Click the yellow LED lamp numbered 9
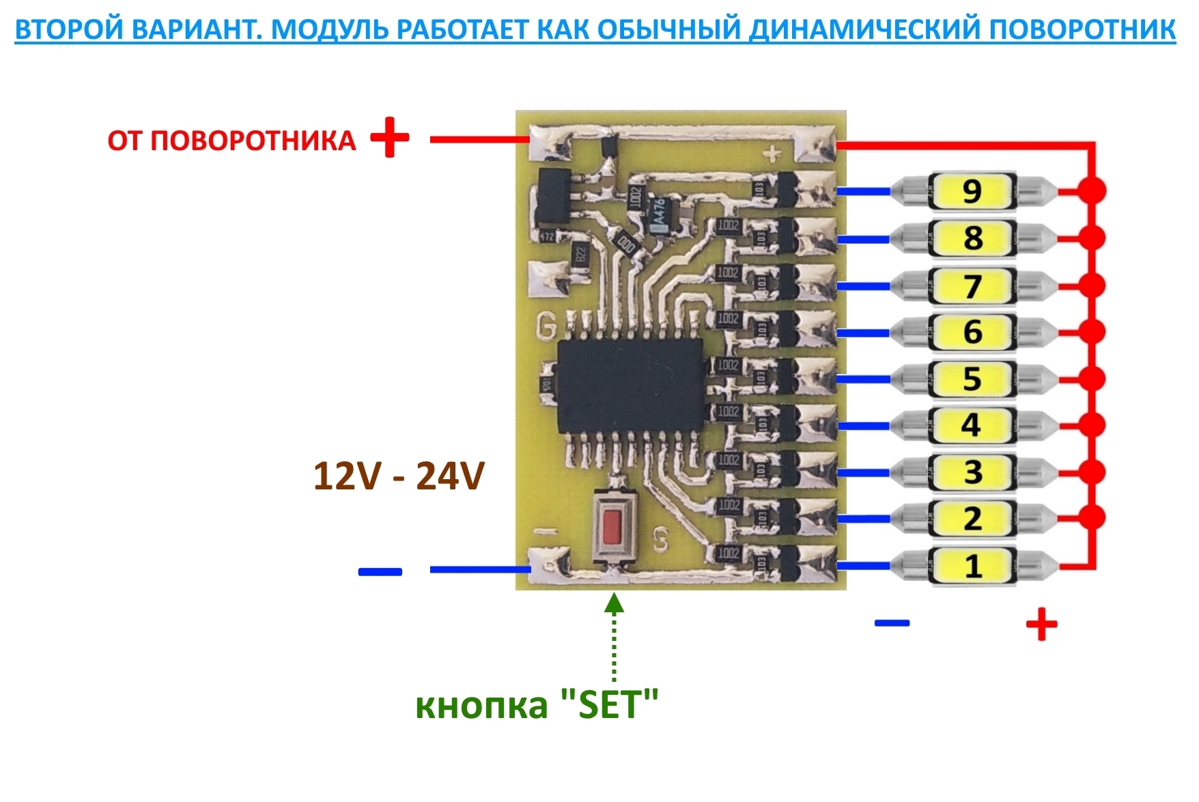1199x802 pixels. click(972, 191)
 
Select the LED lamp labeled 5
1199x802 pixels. click(972, 379)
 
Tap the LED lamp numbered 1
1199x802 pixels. click(972, 566)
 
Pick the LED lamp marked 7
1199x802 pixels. click(972, 285)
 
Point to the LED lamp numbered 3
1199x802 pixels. click(972, 472)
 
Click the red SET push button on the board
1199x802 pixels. click(612, 526)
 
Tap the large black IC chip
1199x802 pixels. click(630, 386)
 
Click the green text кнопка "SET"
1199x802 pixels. click(537, 704)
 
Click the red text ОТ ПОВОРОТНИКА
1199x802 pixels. click(231, 141)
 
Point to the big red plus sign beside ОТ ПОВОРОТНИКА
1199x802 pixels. click(390, 138)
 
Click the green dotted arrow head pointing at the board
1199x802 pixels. click(615, 603)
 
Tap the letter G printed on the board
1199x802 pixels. click(546, 326)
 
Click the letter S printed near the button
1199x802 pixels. click(660, 540)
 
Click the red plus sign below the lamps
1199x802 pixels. click(1041, 624)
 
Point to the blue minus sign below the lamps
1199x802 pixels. click(892, 622)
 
